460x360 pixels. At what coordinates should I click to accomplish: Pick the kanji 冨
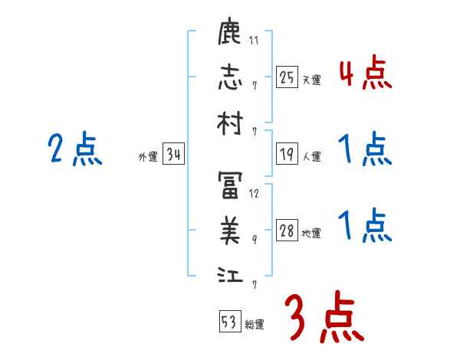coord(230,185)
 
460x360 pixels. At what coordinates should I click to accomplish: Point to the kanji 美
coord(230,229)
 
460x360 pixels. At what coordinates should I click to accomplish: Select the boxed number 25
coord(287,77)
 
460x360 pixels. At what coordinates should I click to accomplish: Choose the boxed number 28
coord(287,231)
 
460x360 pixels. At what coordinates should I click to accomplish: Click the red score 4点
coord(365,76)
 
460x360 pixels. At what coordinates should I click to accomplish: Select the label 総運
coord(255,324)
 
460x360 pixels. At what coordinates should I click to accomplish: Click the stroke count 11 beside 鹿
coord(254,41)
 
